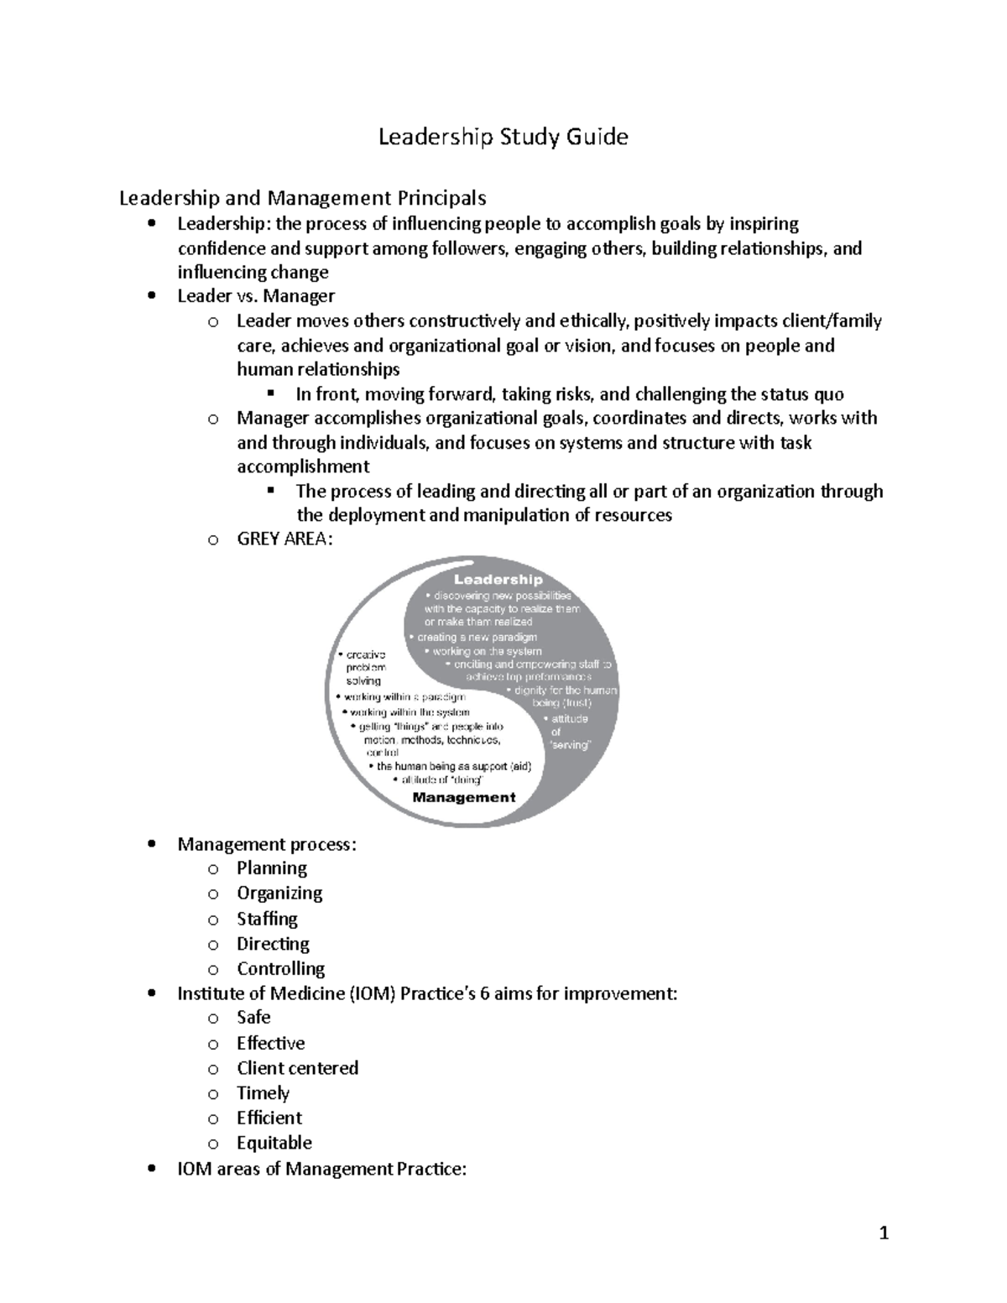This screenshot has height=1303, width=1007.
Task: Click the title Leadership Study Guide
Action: pos(503,137)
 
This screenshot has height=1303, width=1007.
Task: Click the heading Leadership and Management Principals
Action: pos(302,198)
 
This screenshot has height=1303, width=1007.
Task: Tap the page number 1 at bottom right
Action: pos(883,1233)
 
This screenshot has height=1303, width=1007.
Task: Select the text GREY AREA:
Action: pos(284,539)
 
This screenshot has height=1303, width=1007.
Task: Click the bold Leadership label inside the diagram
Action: pos(498,580)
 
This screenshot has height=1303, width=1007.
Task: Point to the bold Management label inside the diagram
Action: pos(463,798)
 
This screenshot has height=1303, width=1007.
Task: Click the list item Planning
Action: pos(271,868)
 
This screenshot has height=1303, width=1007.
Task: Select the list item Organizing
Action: pos(279,894)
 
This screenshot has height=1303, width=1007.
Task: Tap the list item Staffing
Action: pos(267,919)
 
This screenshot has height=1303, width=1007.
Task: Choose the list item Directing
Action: pos(273,944)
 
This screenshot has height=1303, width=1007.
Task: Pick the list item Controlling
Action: pos(280,969)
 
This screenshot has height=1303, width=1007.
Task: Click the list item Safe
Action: pos(253,1018)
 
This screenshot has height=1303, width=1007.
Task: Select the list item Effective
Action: pos(270,1043)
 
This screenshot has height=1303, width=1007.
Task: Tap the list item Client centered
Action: pos(297,1068)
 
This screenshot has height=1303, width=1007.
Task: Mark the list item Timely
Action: pos(263,1093)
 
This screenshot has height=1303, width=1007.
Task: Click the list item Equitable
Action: pos(274,1143)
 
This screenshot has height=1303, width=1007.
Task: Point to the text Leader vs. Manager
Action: pos(256,296)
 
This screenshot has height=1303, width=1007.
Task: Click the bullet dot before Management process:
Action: pos(151,845)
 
